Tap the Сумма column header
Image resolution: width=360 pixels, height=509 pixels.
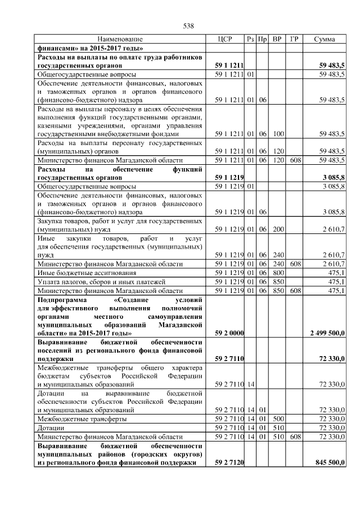325,39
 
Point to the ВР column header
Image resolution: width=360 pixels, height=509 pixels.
277,39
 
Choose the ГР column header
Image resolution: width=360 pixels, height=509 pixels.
294,39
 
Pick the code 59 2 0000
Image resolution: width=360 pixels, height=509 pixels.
229,333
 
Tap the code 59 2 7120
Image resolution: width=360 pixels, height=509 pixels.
229,462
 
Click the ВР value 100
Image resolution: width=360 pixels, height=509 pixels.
277,134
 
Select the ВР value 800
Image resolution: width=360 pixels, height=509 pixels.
277,273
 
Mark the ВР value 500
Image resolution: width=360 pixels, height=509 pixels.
277,419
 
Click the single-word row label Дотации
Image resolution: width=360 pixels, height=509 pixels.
50,428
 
